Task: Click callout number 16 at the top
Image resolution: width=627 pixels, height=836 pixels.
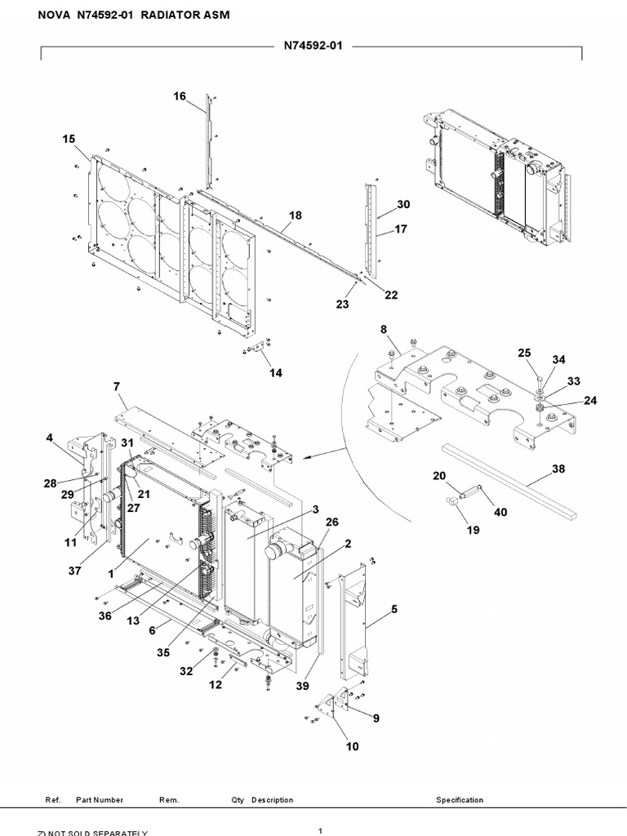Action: point(180,96)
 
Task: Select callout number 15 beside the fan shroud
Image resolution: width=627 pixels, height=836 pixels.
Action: point(69,140)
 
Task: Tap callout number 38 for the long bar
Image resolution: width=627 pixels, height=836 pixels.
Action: point(558,469)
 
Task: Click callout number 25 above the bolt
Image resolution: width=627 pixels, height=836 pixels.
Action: point(524,353)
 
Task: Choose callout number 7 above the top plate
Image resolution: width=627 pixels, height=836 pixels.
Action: point(117,385)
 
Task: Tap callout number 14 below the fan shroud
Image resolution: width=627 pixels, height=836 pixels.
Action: point(276,373)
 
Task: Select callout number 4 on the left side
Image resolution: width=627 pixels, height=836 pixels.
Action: point(50,438)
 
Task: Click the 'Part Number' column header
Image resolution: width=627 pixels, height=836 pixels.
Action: point(100,800)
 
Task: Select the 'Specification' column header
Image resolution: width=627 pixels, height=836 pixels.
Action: point(460,800)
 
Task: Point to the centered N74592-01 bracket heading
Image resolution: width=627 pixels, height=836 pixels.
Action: point(313,47)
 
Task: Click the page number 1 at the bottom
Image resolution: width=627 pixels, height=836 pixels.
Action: point(320,830)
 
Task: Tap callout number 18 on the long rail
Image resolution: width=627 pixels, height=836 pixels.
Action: point(295,216)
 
